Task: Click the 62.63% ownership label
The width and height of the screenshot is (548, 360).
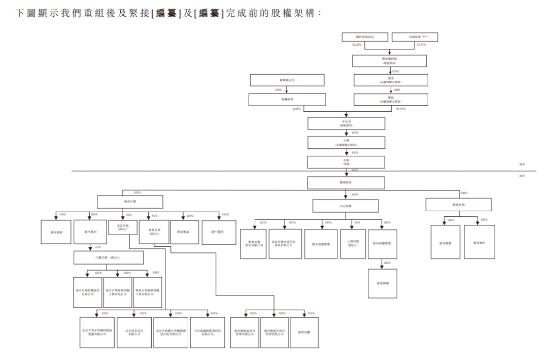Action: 357,45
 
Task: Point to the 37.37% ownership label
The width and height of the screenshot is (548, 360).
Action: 421,45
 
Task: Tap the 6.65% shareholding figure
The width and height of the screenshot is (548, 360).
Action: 297,109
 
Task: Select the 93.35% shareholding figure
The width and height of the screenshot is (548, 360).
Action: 400,109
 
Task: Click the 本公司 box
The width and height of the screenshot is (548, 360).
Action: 347,123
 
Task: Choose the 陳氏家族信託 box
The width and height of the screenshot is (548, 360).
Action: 365,37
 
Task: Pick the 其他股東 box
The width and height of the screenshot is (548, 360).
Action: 415,37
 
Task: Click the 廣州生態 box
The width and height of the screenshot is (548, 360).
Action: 130,203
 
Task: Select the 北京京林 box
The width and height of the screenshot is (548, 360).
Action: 122,227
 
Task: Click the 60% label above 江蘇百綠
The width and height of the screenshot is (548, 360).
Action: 97,247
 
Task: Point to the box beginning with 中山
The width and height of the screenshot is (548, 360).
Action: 346,206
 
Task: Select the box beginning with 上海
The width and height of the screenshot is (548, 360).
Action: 353,244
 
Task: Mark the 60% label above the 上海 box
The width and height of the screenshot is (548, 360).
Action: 357,222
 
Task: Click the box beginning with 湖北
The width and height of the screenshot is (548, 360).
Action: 321,244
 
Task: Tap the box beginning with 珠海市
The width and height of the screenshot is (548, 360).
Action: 285,244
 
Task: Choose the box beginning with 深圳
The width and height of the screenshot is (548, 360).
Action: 304,333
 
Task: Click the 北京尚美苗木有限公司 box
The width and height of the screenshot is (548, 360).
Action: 134,333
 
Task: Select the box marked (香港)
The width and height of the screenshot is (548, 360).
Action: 347,162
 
